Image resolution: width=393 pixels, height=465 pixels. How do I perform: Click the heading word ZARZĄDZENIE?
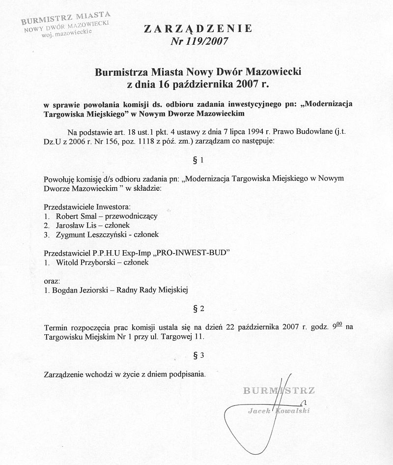[198, 29]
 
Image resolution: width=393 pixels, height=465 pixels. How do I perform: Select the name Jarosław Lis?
[77, 225]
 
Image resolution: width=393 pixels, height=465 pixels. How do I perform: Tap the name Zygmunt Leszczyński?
[93, 234]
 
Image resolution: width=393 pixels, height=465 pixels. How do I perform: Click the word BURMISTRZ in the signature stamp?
[279, 391]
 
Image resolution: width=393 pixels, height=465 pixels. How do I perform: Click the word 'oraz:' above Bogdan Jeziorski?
[53, 281]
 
